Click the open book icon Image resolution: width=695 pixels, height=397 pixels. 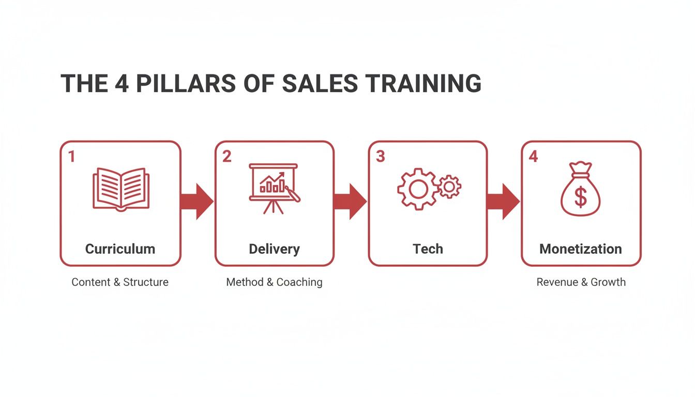click(121, 189)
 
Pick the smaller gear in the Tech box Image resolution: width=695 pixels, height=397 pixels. click(449, 186)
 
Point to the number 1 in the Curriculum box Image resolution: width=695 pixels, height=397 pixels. click(71, 157)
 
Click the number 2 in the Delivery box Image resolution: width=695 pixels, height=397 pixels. click(226, 157)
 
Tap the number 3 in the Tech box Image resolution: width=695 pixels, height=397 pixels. click(380, 157)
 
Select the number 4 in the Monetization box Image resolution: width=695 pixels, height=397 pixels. click(533, 157)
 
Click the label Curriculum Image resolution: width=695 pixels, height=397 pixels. click(120, 249)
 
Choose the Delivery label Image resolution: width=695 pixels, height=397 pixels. click(274, 249)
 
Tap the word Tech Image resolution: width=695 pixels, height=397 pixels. click(428, 249)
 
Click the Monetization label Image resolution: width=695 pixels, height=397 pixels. click(580, 249)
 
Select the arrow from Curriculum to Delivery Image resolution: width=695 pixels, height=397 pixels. click(197, 201)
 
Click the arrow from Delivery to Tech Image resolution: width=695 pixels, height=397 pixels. click(350, 201)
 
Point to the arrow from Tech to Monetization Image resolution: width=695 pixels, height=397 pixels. click(503, 201)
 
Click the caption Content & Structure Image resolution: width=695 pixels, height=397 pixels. click(120, 282)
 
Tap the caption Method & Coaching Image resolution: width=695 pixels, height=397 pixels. click(274, 282)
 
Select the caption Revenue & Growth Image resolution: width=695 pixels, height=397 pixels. click(581, 282)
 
